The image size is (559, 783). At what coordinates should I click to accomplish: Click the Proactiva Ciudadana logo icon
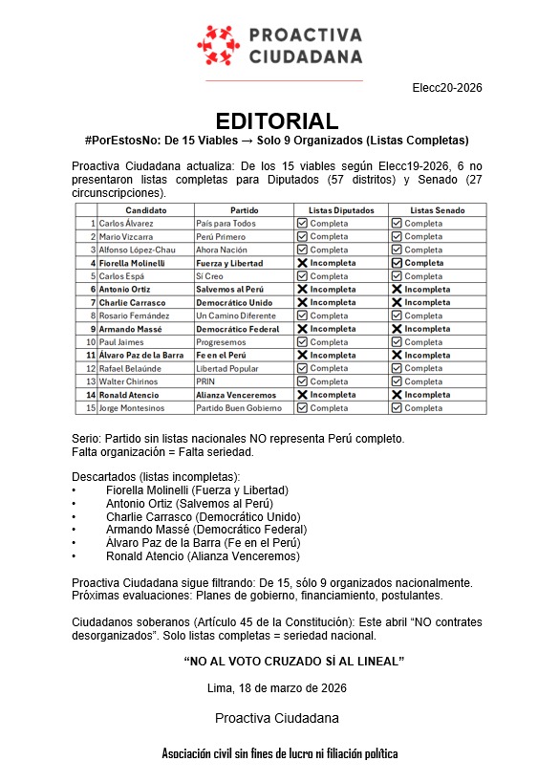(x=216, y=45)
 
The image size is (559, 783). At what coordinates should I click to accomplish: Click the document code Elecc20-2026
(x=447, y=88)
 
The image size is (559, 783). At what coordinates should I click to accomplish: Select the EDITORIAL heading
(x=277, y=121)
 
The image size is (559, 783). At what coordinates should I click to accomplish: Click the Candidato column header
(x=145, y=210)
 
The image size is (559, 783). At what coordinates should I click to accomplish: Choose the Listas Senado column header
(x=439, y=210)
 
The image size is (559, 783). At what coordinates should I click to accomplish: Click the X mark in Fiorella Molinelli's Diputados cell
(x=302, y=263)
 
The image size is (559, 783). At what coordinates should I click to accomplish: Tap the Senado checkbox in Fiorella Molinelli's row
(x=397, y=263)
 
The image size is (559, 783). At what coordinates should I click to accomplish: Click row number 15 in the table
(x=91, y=408)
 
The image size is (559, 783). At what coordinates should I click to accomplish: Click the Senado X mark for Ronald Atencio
(x=397, y=395)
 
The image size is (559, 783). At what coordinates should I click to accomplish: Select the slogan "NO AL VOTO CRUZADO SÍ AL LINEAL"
(x=293, y=661)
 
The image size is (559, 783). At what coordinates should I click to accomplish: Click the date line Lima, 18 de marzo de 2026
(x=277, y=687)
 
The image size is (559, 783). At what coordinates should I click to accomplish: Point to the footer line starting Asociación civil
(x=280, y=753)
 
